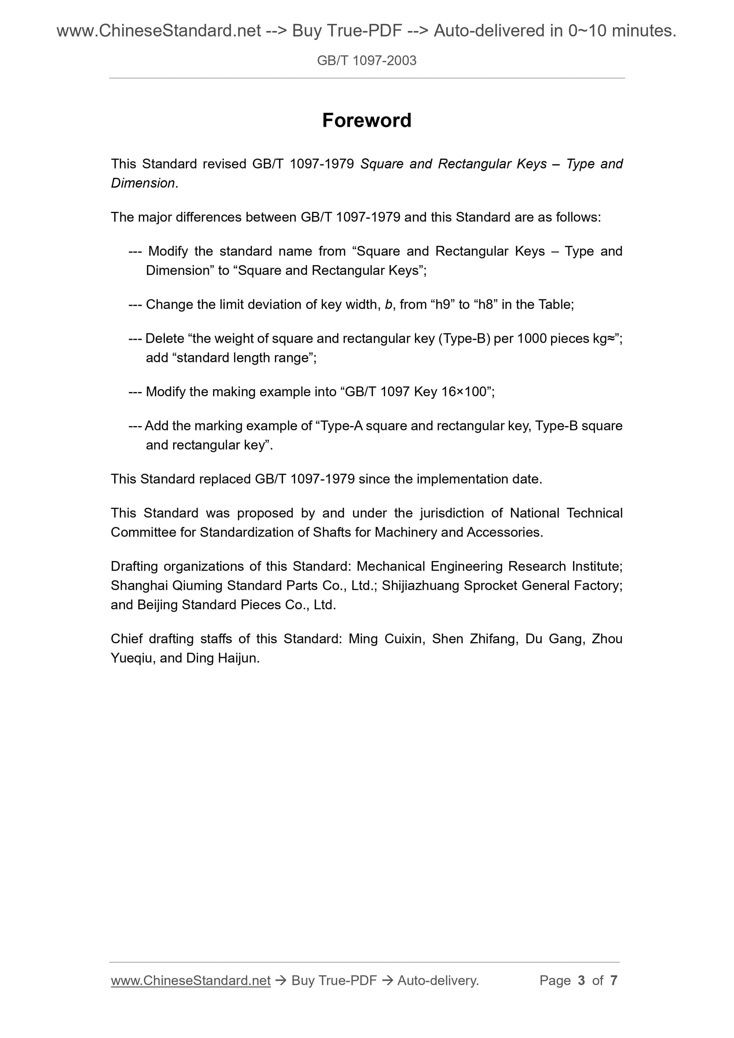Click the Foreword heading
[366, 121]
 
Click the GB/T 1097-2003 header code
[366, 61]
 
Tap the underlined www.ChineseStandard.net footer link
[190, 980]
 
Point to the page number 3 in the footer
[582, 980]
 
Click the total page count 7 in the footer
[614, 980]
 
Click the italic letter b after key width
[388, 304]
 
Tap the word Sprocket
[490, 586]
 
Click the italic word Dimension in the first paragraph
[143, 183]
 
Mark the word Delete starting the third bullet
[164, 338]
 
